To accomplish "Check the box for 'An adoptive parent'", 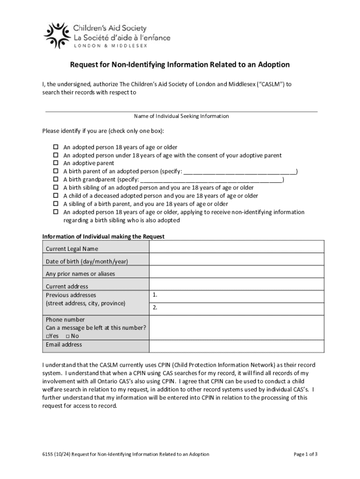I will (55, 163).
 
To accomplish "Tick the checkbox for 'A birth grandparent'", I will (55, 180).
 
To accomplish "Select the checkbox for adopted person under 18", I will (55, 155).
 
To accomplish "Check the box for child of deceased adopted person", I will (55, 196).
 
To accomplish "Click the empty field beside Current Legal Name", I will (237, 248).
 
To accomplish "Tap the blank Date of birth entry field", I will (237, 261).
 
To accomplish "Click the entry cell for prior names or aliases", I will (237, 274).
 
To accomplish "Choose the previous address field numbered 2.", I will (237, 309).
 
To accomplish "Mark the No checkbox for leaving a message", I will (68, 336).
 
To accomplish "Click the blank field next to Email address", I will (237, 346).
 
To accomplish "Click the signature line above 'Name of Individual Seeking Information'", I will (181, 111).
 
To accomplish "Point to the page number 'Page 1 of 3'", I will (306, 454).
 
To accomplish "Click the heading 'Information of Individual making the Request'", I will (103, 237).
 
